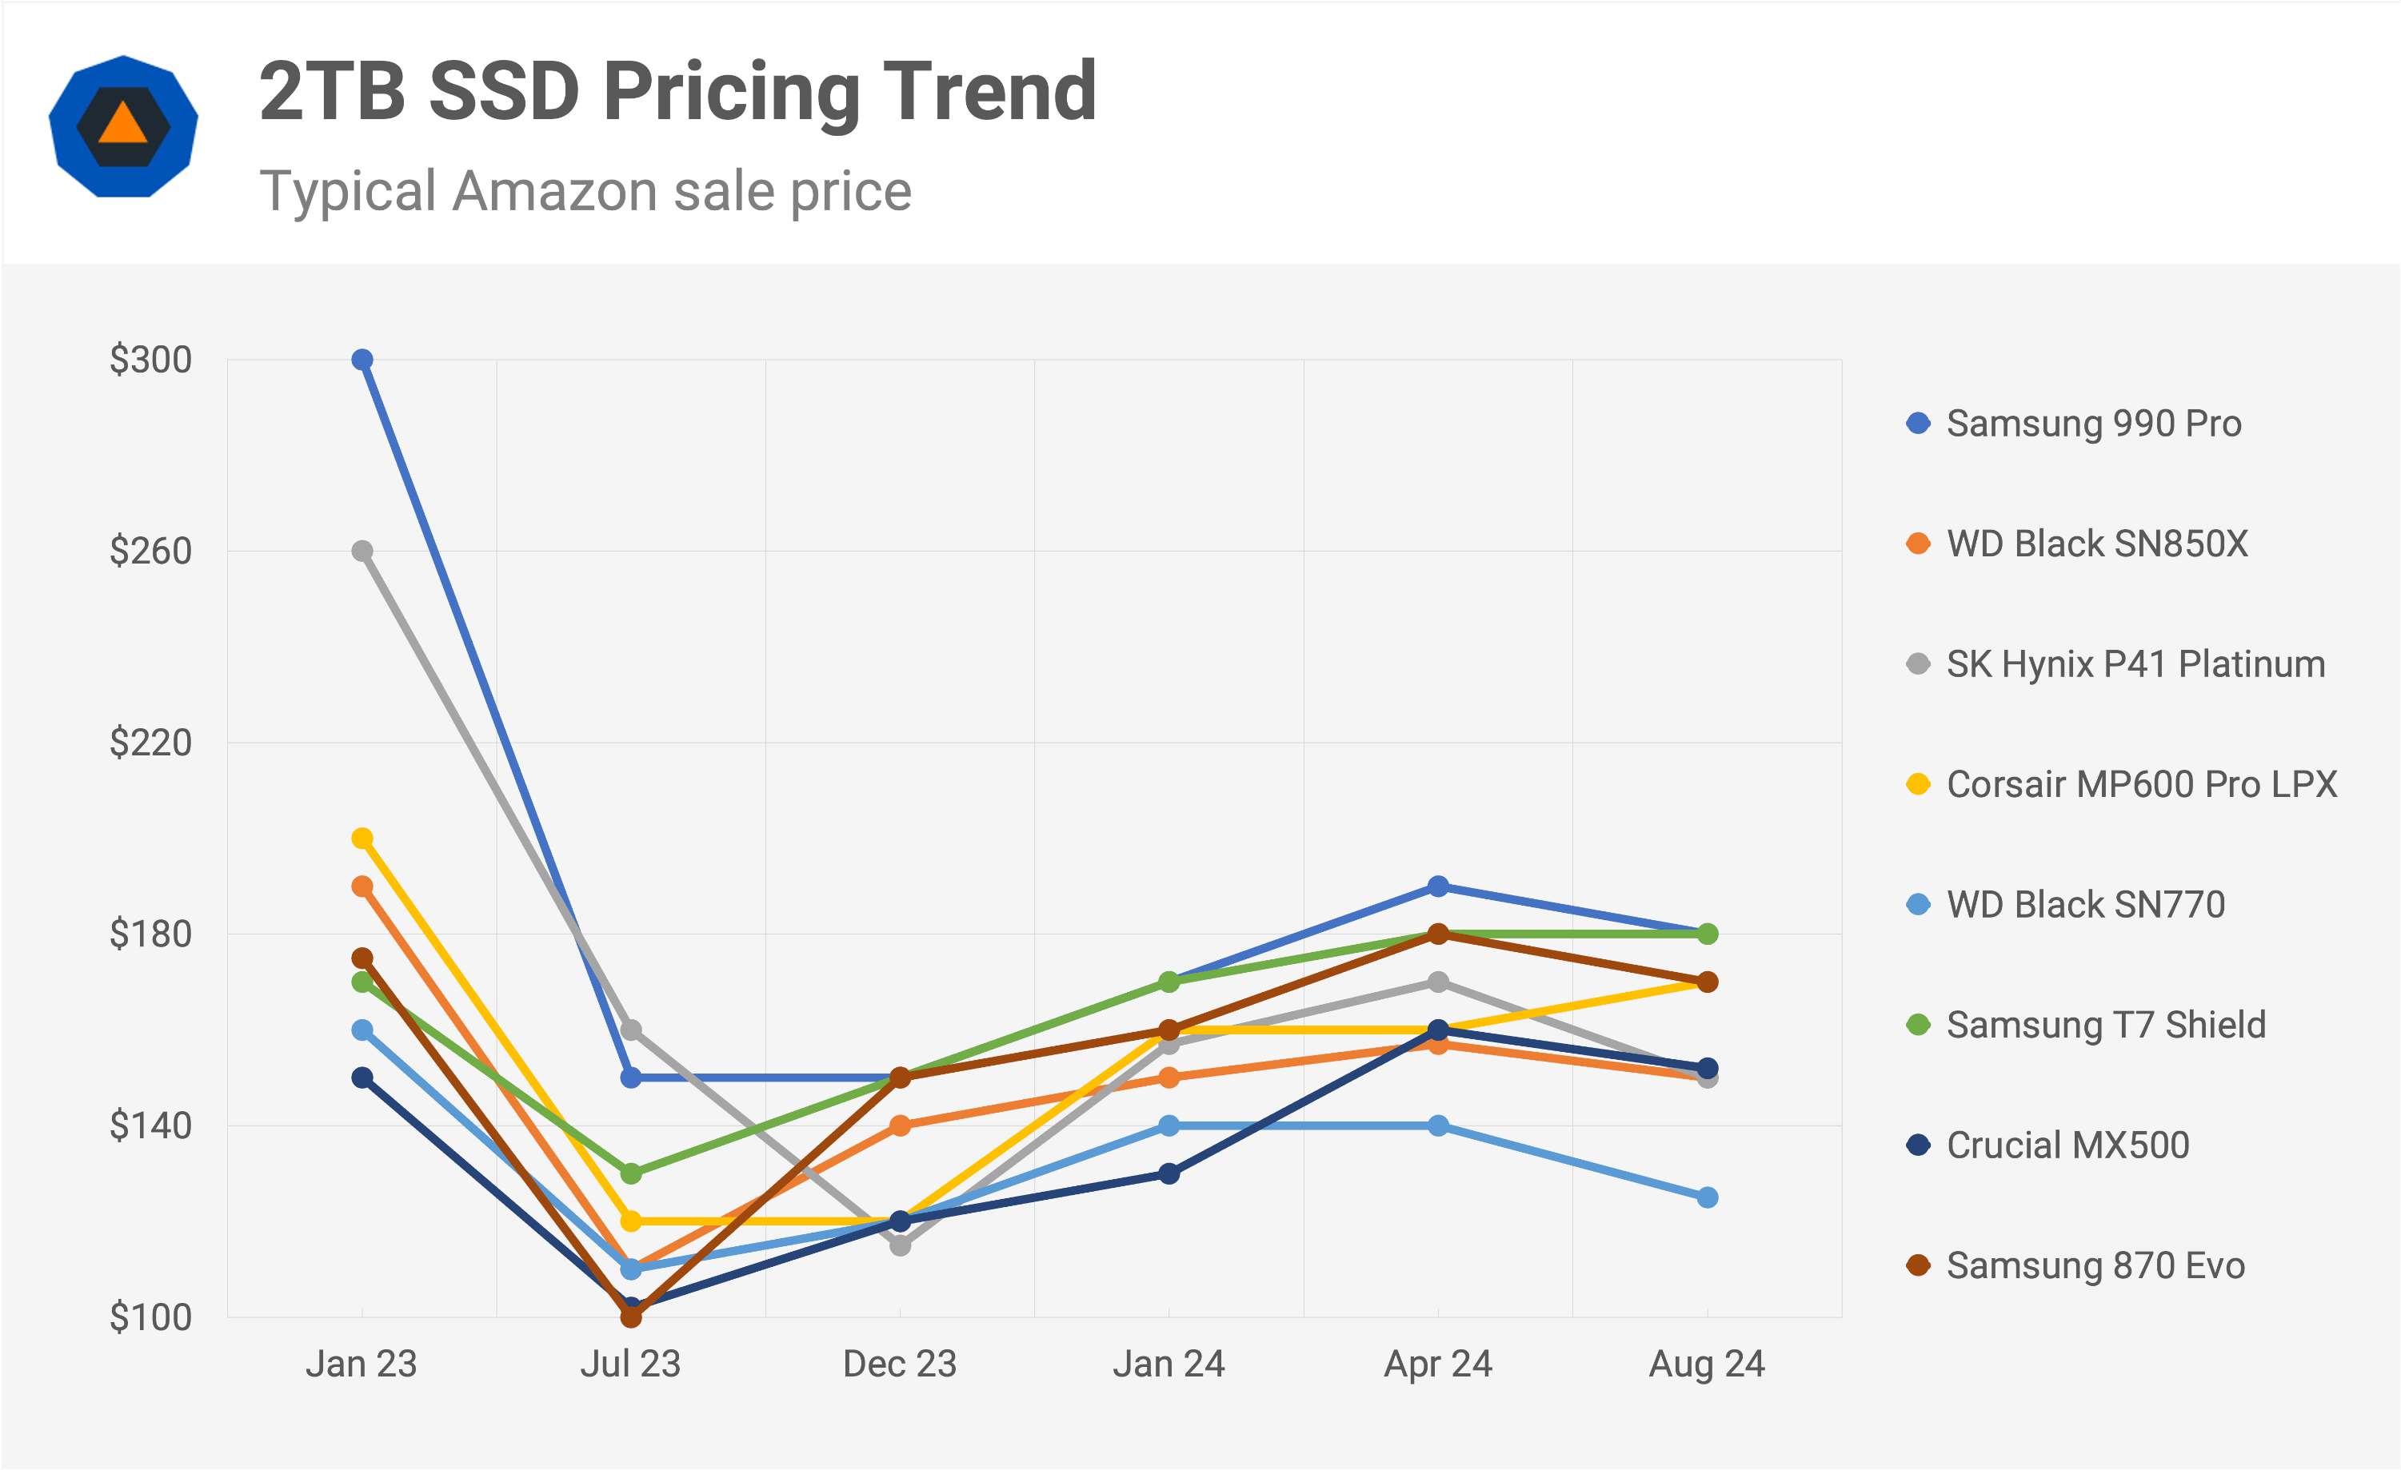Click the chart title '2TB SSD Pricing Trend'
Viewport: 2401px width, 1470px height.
[677, 92]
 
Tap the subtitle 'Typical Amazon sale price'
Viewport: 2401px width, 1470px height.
[585, 191]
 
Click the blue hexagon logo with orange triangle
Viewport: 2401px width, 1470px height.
[124, 126]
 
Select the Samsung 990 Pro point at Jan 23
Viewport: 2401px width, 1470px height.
[362, 361]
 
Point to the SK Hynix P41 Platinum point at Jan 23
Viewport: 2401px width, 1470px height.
[362, 552]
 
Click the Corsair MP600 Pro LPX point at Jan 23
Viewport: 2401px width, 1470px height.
[362, 839]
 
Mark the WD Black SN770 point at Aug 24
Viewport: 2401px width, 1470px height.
[1708, 1198]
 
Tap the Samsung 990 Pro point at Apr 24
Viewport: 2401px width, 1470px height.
[1438, 886]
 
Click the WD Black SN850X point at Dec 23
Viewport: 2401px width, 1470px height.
[901, 1126]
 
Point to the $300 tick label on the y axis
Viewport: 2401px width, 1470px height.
[150, 361]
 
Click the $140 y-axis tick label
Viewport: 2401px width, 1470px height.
[150, 1126]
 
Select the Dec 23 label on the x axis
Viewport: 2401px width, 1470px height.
[900, 1364]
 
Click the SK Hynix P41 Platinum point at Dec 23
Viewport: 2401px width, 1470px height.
[901, 1245]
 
